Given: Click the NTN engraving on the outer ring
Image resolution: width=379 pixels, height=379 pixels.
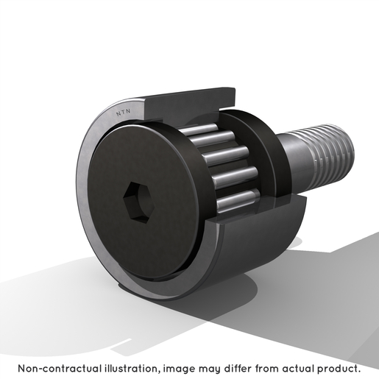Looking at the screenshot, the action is (124, 113).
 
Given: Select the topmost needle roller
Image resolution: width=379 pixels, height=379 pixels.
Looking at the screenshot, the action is (199, 130).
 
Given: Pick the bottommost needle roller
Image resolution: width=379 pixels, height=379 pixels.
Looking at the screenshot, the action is (238, 202).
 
